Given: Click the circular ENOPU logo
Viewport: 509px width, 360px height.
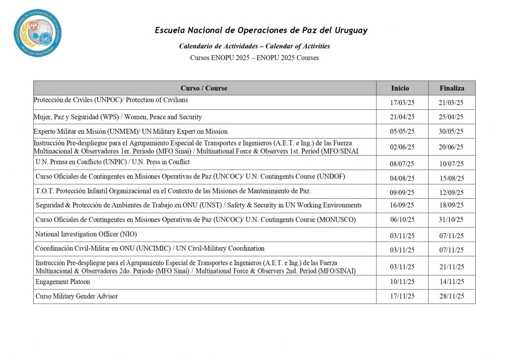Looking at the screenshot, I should [38, 33].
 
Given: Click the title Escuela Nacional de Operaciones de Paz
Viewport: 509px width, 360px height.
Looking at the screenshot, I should [261, 30].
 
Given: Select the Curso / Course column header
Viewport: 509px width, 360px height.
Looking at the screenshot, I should [204, 88].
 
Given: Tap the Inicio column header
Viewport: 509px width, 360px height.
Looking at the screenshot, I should [400, 88].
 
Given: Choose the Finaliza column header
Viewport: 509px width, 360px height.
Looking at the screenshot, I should [452, 88].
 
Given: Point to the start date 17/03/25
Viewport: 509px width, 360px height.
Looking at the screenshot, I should [402, 103].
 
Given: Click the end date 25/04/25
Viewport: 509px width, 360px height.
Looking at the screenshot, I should [451, 117].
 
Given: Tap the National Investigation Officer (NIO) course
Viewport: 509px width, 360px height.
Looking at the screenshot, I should [86, 234].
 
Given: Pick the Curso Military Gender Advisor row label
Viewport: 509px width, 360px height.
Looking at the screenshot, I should [77, 296].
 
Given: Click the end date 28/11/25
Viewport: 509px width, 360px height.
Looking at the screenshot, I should [451, 296].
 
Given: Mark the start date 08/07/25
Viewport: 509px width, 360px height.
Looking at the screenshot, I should [402, 164].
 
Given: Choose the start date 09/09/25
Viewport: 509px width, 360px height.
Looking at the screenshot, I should [402, 192].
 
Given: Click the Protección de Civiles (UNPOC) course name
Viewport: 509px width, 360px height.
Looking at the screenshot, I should [110, 100].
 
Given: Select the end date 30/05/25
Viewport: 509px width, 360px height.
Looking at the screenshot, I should [451, 132].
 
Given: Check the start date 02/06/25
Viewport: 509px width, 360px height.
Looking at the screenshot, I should [402, 147].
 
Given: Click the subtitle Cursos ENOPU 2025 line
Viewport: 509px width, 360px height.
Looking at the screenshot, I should [254, 58].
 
